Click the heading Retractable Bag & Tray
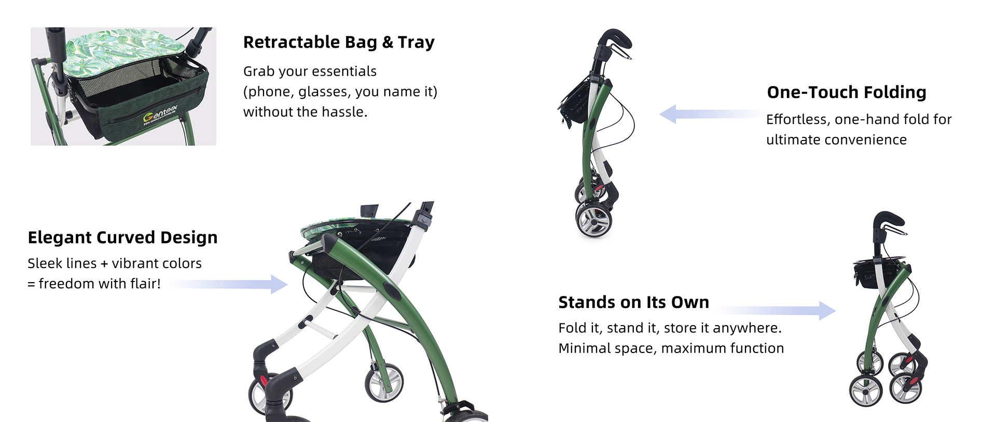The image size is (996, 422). click(339, 42)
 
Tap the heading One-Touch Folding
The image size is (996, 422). click(846, 92)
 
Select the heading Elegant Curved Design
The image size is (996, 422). click(122, 237)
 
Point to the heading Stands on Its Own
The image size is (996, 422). click(633, 302)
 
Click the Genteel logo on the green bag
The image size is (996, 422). click(160, 115)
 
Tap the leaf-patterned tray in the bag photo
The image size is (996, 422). click(127, 47)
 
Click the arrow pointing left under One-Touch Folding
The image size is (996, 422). click(711, 114)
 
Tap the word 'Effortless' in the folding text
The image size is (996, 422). click(797, 120)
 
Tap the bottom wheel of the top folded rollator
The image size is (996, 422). click(594, 219)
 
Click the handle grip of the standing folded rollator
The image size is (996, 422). click(888, 220)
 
